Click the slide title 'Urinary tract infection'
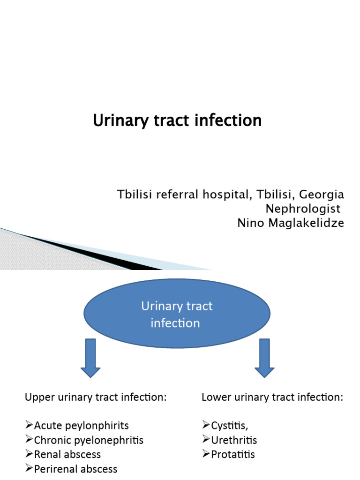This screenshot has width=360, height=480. coord(177,120)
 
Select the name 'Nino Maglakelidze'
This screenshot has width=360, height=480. coord(291,223)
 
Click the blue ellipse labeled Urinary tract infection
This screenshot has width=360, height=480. coord(177,315)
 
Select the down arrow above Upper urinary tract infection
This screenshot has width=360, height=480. coord(90,358)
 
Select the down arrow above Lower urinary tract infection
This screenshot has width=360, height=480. coord(264,358)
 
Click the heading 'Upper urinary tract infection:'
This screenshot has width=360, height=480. coord(96,397)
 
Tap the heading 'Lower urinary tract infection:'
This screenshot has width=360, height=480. coord(272,397)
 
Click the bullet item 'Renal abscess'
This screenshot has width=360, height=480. coord(67,454)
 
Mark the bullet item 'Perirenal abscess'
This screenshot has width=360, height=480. coord(75,469)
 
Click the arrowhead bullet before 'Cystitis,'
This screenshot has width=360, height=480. coord(206,425)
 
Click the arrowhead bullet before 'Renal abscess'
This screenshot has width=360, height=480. coord(29,454)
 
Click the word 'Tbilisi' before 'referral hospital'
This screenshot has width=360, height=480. coord(131,194)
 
